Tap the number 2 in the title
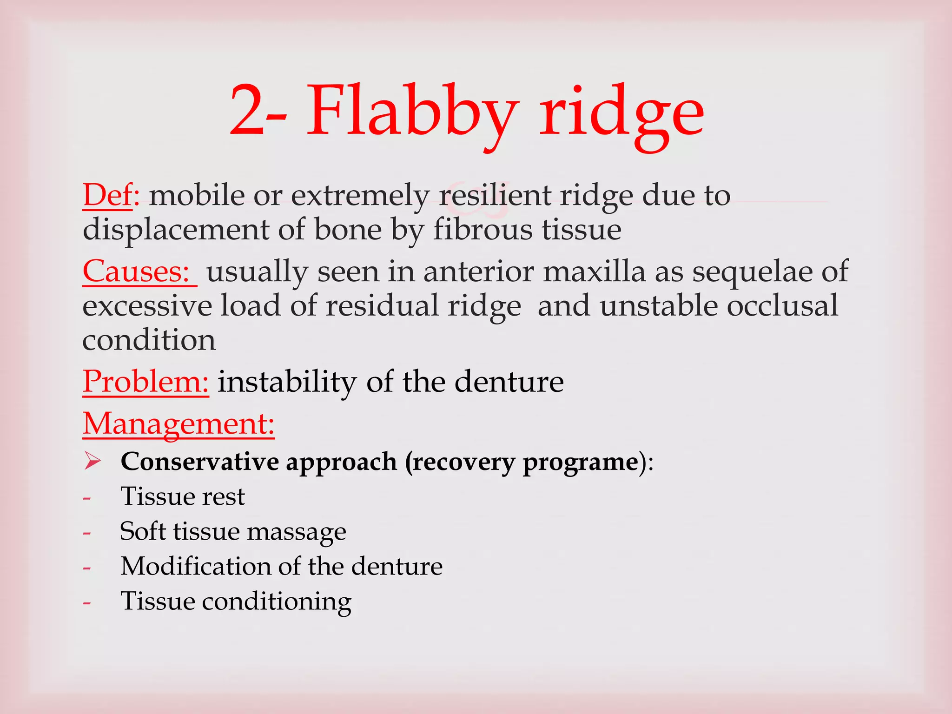pyautogui.click(x=248, y=112)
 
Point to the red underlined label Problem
pyautogui.click(x=145, y=382)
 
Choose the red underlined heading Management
pyautogui.click(x=178, y=424)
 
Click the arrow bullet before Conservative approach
pyautogui.click(x=93, y=461)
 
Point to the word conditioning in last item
pyautogui.click(x=277, y=602)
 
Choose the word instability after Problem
pyautogui.click(x=287, y=382)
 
